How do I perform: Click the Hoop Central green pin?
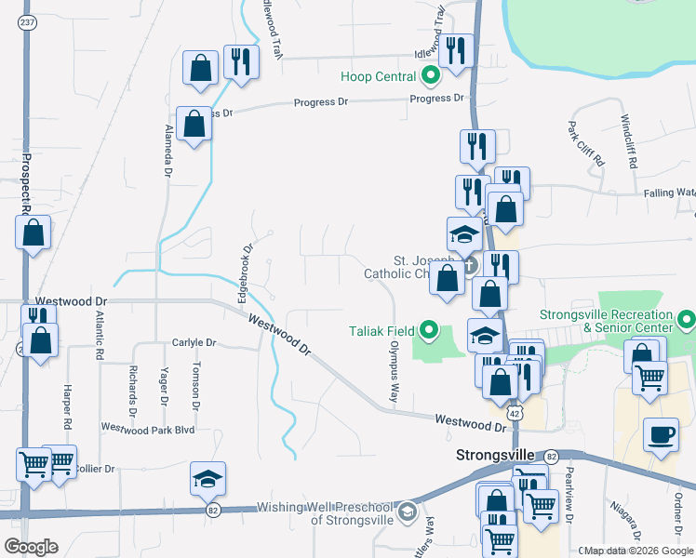430,75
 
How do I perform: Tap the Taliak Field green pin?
429,329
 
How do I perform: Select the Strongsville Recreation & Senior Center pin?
687,322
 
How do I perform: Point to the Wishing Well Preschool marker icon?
406,511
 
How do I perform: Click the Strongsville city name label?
495,456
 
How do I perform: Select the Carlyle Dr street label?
194,342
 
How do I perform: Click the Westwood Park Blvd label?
147,429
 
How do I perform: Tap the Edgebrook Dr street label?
246,271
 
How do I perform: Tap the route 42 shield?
515,412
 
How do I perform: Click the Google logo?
31,547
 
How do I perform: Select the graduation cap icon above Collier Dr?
207,477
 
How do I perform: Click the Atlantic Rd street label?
97,335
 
